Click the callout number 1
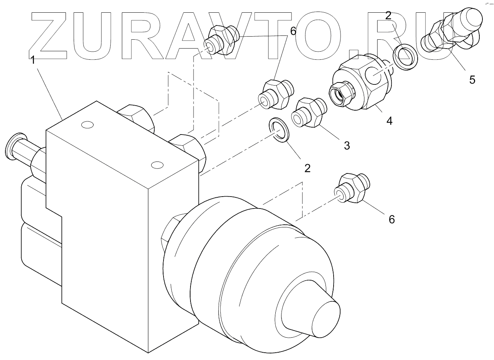tap(33, 60)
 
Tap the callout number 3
tap(347, 145)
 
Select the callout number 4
tap(389, 121)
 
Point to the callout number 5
tap(472, 80)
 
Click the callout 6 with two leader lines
tap(293, 31)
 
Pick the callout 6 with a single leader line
tap(391, 219)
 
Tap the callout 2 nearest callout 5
tap(388, 16)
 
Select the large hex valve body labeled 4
tap(359, 85)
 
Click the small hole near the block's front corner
tap(156, 165)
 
